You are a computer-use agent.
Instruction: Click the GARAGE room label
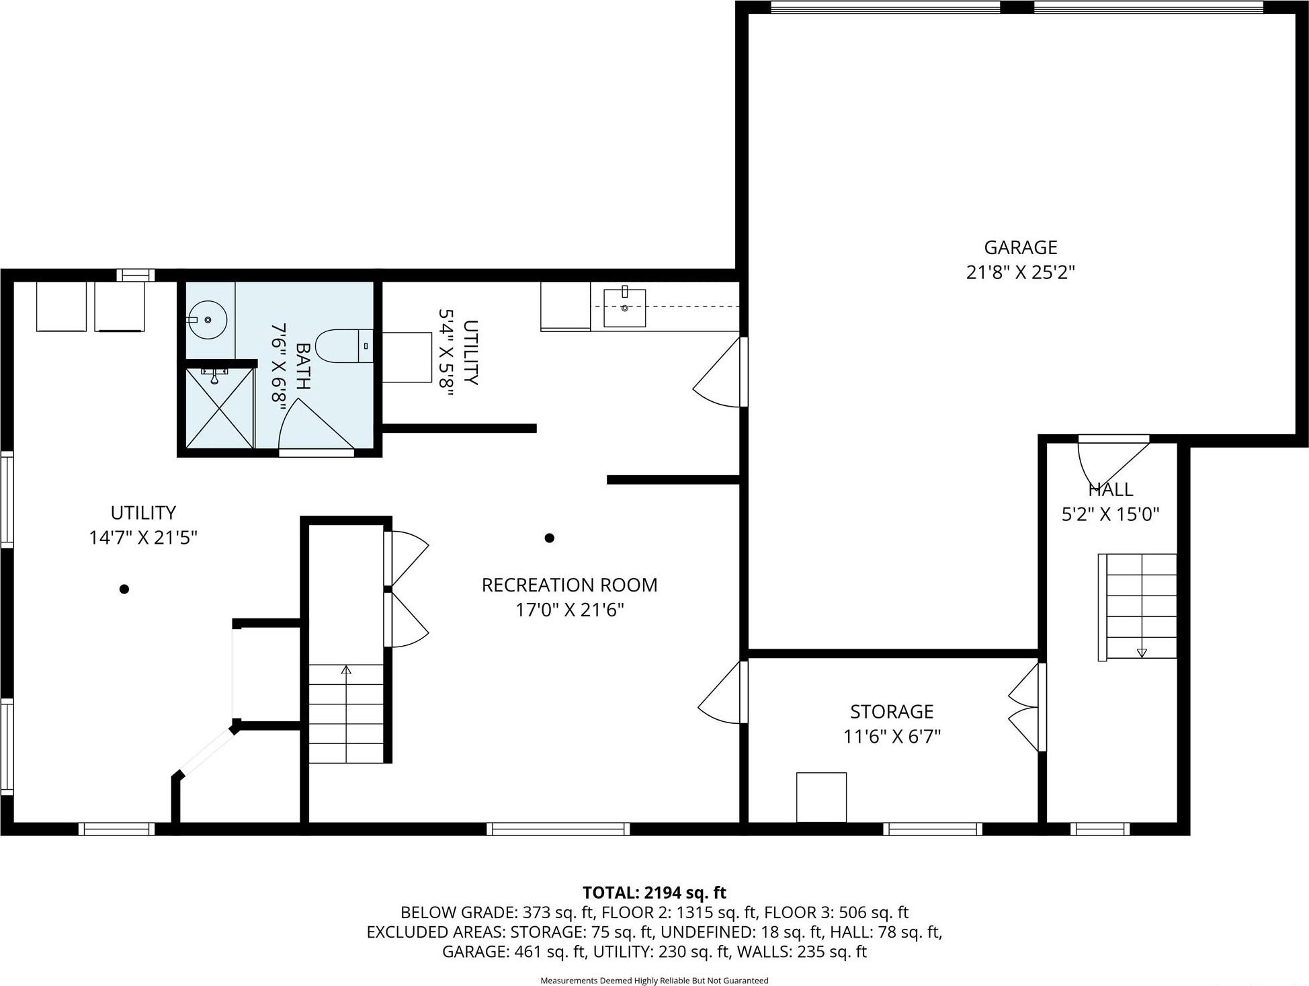pos(1020,247)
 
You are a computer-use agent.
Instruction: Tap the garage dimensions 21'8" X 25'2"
pos(1020,272)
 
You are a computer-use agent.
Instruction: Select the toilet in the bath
pos(343,346)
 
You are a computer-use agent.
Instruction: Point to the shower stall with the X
pos(219,409)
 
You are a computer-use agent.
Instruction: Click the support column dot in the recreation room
pos(549,538)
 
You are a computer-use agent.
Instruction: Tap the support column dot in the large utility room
pos(124,589)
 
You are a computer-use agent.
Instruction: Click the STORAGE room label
pos(892,711)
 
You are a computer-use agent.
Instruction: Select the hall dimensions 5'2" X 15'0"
pos(1110,514)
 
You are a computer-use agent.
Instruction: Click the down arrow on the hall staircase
pos(1141,652)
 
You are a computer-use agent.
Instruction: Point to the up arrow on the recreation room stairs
pos(346,670)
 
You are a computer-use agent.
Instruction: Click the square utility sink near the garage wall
pos(624,307)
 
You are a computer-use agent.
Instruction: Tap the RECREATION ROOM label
pos(569,585)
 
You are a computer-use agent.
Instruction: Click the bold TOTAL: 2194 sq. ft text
pos(654,893)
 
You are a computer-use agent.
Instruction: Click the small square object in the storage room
pos(821,797)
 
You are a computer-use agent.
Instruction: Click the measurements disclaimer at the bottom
pos(654,981)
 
